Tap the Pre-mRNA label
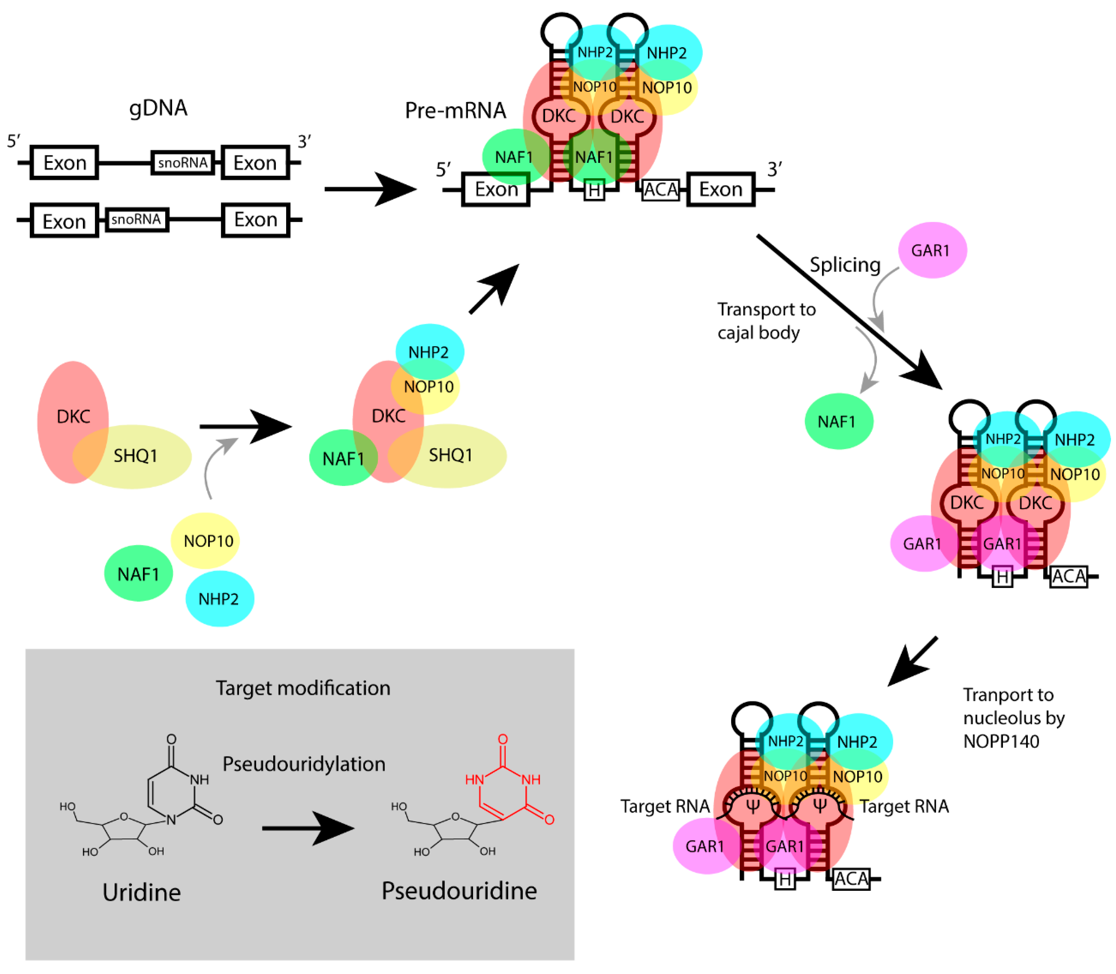pyautogui.click(x=455, y=110)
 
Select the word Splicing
pyautogui.click(x=845, y=265)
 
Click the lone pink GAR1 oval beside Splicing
pyautogui.click(x=932, y=250)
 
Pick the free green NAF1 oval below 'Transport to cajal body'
pyautogui.click(x=838, y=421)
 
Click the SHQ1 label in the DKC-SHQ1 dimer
pyautogui.click(x=135, y=455)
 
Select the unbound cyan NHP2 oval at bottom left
pyautogui.click(x=219, y=598)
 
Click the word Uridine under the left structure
pyautogui.click(x=141, y=892)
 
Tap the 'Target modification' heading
pyautogui.click(x=303, y=688)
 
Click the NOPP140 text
pyautogui.click(x=1001, y=741)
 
